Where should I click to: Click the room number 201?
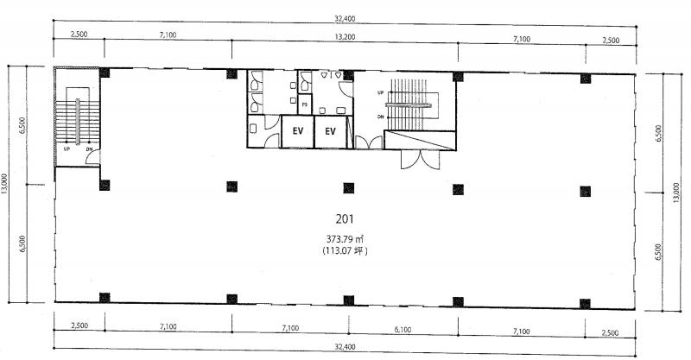[x=345, y=218]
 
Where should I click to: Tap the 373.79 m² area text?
[x=345, y=239]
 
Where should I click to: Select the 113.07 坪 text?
[x=345, y=250]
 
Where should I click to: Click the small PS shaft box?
[x=305, y=104]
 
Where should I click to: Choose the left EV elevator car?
[x=298, y=131]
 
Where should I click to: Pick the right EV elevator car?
[x=331, y=131]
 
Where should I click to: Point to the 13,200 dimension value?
[x=345, y=37]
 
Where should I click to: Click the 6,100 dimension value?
[x=403, y=330]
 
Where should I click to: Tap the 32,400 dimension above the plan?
[x=345, y=18]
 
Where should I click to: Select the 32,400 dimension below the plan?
[x=345, y=347]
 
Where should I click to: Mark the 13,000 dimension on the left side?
[x=4, y=183]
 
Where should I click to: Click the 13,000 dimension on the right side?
[x=676, y=193]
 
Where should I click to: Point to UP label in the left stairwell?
[x=67, y=149]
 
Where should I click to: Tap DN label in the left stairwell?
[x=90, y=149]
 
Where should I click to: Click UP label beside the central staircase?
[x=380, y=92]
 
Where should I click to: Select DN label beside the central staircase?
[x=380, y=117]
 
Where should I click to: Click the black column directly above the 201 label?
[x=349, y=188]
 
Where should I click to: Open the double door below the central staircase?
[x=421, y=160]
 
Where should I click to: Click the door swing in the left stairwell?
[x=93, y=158]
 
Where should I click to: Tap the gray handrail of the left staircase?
[x=78, y=122]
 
